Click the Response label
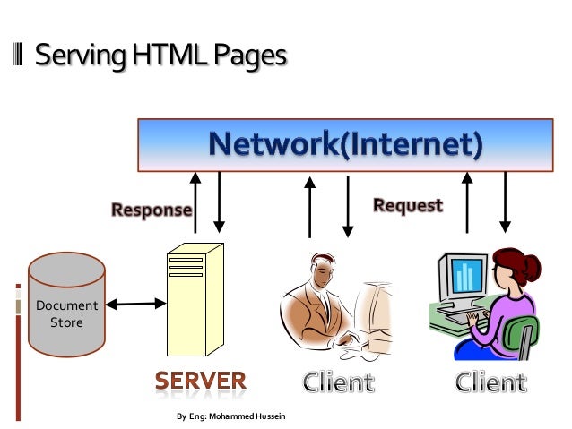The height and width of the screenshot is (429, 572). [x=152, y=210]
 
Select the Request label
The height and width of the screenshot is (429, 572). [x=408, y=205]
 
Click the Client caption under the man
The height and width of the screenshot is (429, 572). [x=337, y=382]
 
